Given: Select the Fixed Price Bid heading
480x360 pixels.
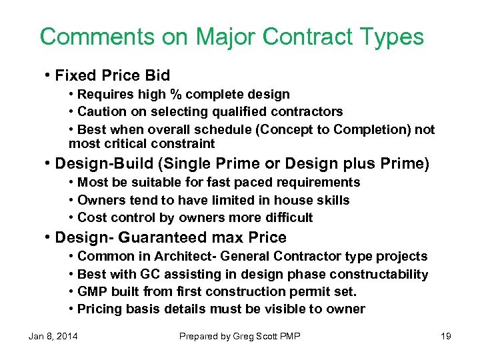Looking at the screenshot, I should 113,75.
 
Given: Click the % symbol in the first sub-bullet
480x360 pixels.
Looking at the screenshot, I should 175,95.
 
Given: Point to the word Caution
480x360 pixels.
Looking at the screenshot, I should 101,111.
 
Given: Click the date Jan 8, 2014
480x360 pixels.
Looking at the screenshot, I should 53,336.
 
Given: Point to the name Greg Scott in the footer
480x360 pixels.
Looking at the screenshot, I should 254,336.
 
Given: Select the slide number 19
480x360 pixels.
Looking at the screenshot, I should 445,336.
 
